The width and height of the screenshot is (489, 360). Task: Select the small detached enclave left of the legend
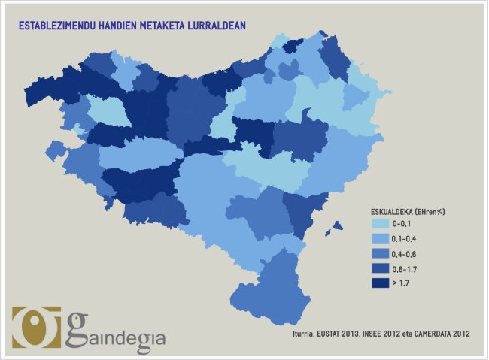point(338,225)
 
